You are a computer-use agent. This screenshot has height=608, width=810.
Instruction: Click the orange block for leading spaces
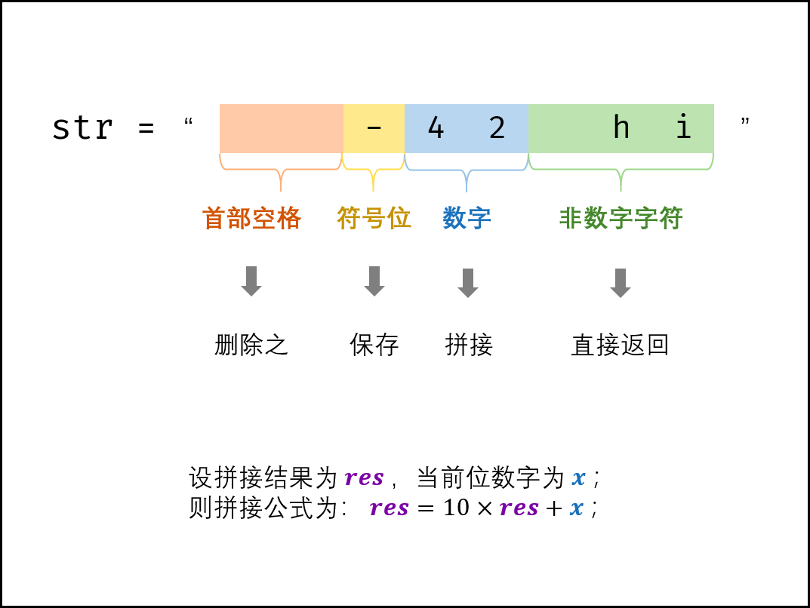[x=281, y=128]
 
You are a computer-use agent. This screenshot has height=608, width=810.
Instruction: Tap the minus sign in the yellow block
[x=374, y=127]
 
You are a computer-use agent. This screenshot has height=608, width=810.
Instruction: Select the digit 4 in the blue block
[x=436, y=128]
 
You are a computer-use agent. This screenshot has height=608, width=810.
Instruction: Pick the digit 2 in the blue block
[x=497, y=128]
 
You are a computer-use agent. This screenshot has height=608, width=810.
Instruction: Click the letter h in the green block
[x=621, y=127]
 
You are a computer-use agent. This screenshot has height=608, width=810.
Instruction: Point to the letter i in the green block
[x=683, y=127]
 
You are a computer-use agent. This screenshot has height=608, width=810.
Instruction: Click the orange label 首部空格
[x=251, y=219]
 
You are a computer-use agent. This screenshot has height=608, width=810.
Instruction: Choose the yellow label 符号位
[x=374, y=218]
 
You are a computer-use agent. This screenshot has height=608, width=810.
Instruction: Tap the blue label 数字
[x=467, y=219]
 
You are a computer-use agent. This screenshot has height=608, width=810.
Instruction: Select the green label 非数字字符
[x=621, y=219]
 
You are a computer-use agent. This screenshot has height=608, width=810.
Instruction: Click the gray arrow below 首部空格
[x=251, y=281]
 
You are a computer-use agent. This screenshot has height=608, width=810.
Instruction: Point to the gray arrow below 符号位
[x=374, y=281]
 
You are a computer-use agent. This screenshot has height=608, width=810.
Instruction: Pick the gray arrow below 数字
[x=468, y=283]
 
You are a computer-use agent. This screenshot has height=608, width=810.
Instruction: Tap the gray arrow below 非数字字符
[x=621, y=283]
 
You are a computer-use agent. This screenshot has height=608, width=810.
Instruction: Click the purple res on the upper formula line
[x=364, y=478]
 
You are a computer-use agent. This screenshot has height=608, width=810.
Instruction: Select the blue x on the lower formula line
[x=577, y=508]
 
